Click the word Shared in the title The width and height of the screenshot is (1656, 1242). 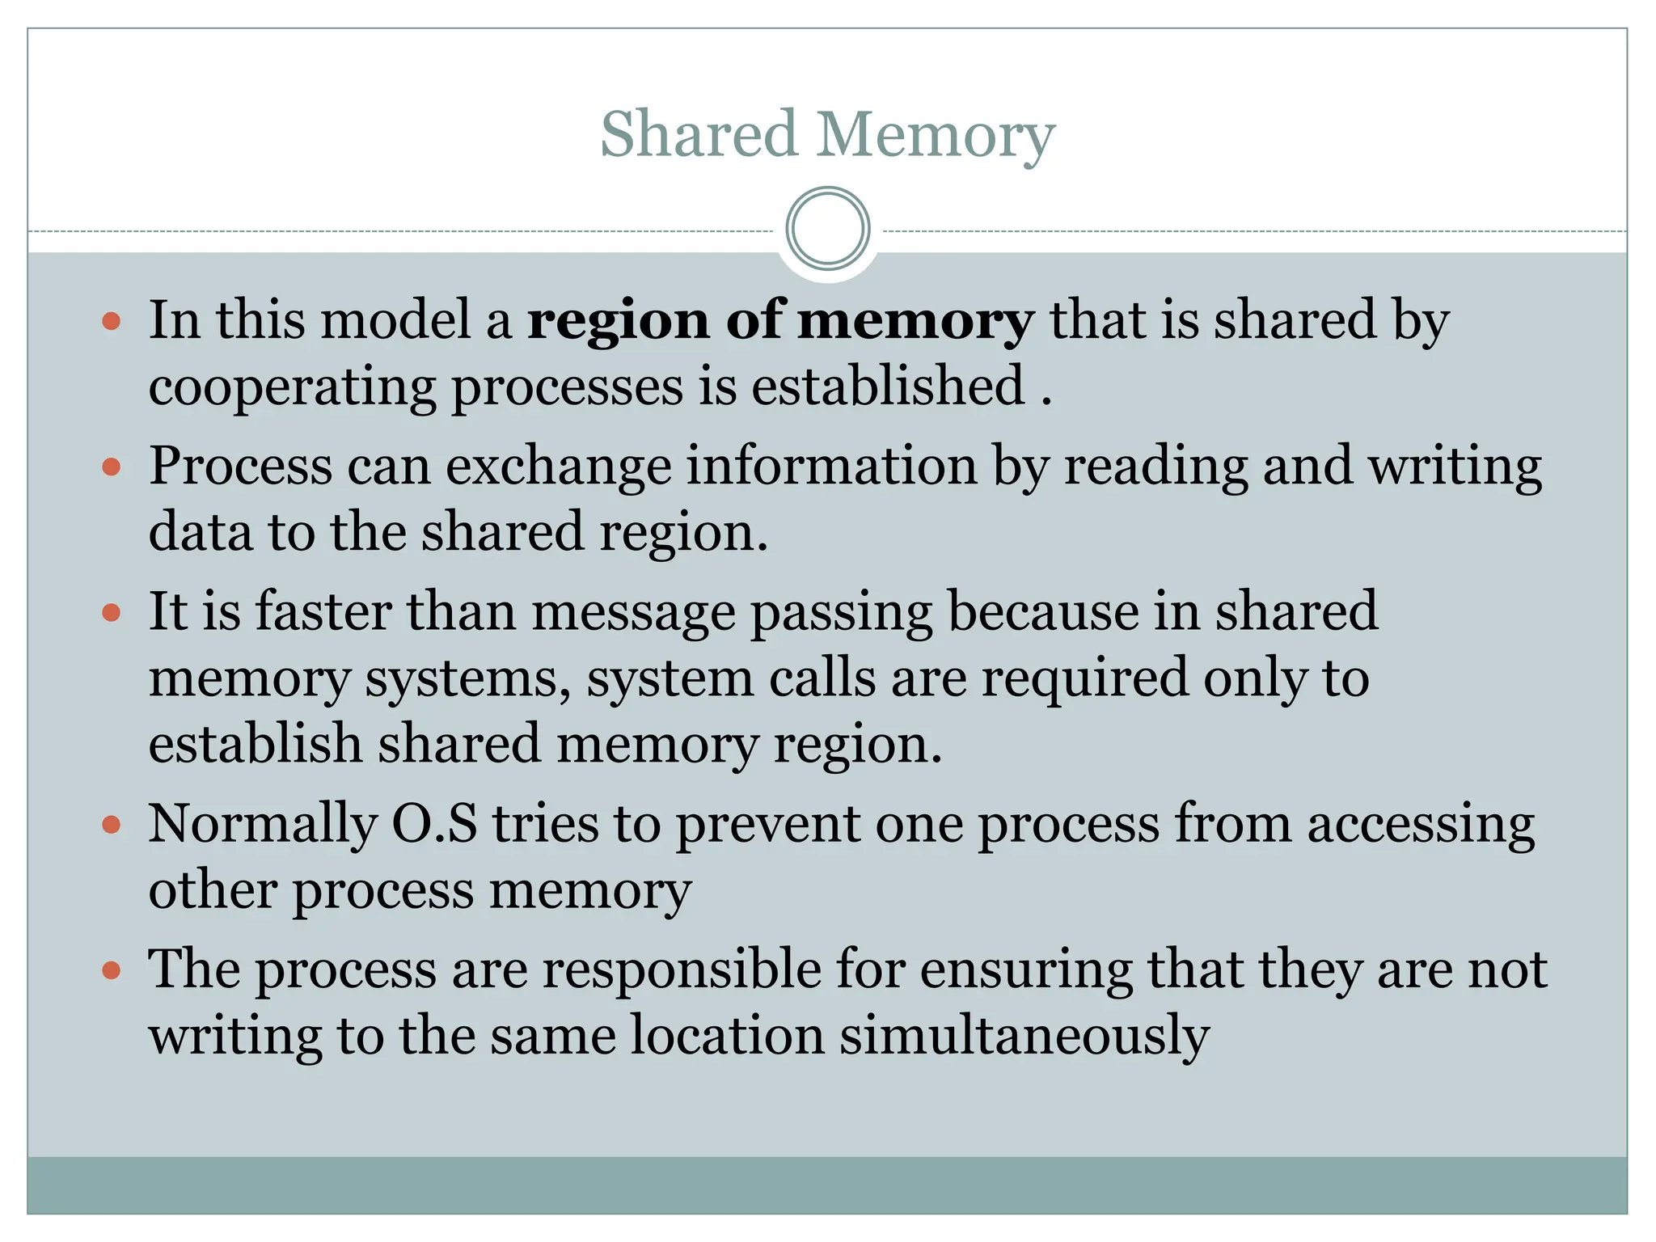point(699,133)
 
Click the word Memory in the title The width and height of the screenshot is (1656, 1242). point(935,135)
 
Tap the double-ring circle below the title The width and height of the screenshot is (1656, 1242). point(827,228)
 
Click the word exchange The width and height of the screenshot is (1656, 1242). point(558,467)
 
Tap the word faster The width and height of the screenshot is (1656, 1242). point(323,611)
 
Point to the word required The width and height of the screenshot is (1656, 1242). point(1084,679)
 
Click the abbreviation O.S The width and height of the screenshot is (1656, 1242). point(434,824)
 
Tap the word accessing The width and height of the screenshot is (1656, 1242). point(1421,826)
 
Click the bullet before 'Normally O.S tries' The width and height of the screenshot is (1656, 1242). point(112,825)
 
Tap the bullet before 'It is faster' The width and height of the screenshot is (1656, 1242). point(112,612)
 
